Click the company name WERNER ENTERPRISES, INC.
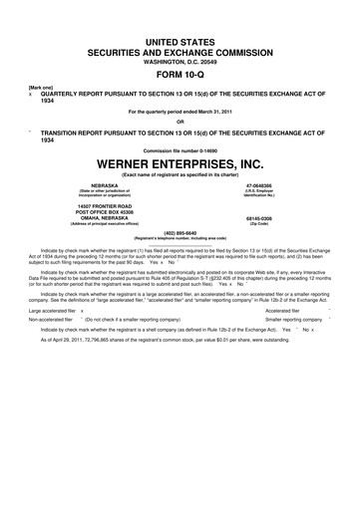(x=180, y=160)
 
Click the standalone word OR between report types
(x=180, y=124)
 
